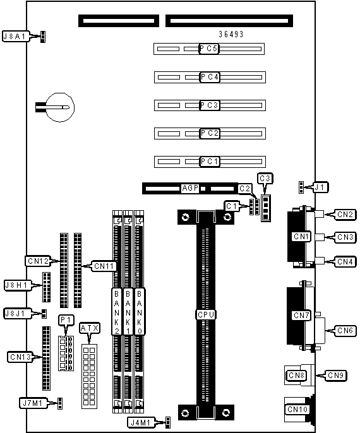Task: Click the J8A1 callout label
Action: click(15, 36)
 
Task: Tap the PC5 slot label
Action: click(209, 49)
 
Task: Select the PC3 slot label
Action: click(210, 105)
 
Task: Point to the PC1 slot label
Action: click(210, 162)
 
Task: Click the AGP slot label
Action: click(190, 188)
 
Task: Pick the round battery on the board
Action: click(60, 107)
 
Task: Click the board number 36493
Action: click(231, 34)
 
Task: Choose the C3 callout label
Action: click(265, 179)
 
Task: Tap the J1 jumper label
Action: click(320, 187)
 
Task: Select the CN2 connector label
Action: click(345, 215)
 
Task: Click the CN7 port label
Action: click(301, 316)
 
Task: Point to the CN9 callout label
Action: click(336, 376)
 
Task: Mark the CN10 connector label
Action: click(297, 409)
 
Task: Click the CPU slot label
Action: click(206, 314)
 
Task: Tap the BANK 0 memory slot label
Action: click(140, 312)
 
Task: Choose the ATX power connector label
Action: click(90, 328)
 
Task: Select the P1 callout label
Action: click(66, 320)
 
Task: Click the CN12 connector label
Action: click(38, 261)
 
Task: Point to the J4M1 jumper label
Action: click(141, 422)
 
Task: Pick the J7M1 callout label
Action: click(33, 403)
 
